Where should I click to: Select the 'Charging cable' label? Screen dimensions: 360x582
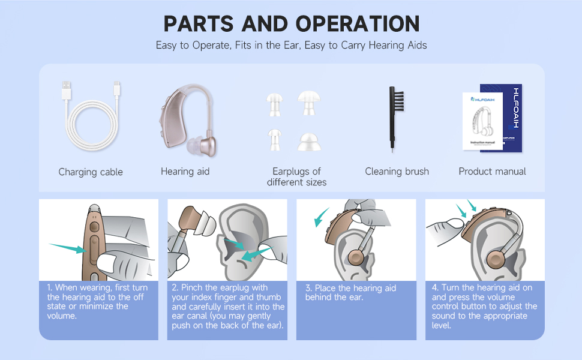point(91,172)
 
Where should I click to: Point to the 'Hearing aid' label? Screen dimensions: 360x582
point(185,172)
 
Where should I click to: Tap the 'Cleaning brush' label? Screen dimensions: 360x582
point(397,172)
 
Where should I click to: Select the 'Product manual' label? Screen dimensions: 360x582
point(492,172)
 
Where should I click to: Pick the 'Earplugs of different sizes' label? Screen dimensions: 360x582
point(297,176)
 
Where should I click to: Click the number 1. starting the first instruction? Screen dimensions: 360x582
point(50,288)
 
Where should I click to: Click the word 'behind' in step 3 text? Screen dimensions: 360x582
point(322,298)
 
